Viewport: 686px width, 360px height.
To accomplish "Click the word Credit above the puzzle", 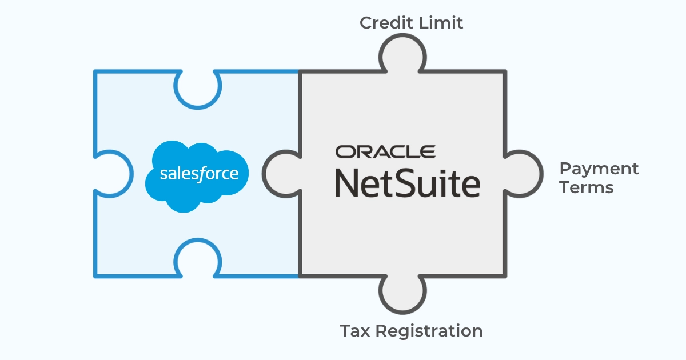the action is tap(386, 23).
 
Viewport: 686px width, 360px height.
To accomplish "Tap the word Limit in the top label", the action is tap(441, 23).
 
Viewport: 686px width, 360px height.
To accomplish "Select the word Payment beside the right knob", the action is tap(599, 169).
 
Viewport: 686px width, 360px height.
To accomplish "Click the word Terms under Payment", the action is tap(587, 187).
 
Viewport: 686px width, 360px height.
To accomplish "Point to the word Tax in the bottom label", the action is tap(354, 331).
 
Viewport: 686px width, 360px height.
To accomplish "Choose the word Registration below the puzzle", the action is tap(429, 331).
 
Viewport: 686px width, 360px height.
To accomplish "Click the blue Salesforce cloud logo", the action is tap(197, 177).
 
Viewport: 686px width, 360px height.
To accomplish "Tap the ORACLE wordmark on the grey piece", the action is tap(385, 152).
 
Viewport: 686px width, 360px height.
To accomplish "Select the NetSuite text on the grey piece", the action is tap(408, 183).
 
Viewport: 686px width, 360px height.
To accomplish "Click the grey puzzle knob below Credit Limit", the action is tap(402, 54).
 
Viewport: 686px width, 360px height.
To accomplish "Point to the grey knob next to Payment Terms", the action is tap(523, 174).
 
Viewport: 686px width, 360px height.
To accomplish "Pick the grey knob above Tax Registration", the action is tap(402, 293).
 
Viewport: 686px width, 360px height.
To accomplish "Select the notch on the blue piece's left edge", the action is tap(113, 174).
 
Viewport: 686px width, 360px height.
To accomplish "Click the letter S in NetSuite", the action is tap(408, 183).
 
